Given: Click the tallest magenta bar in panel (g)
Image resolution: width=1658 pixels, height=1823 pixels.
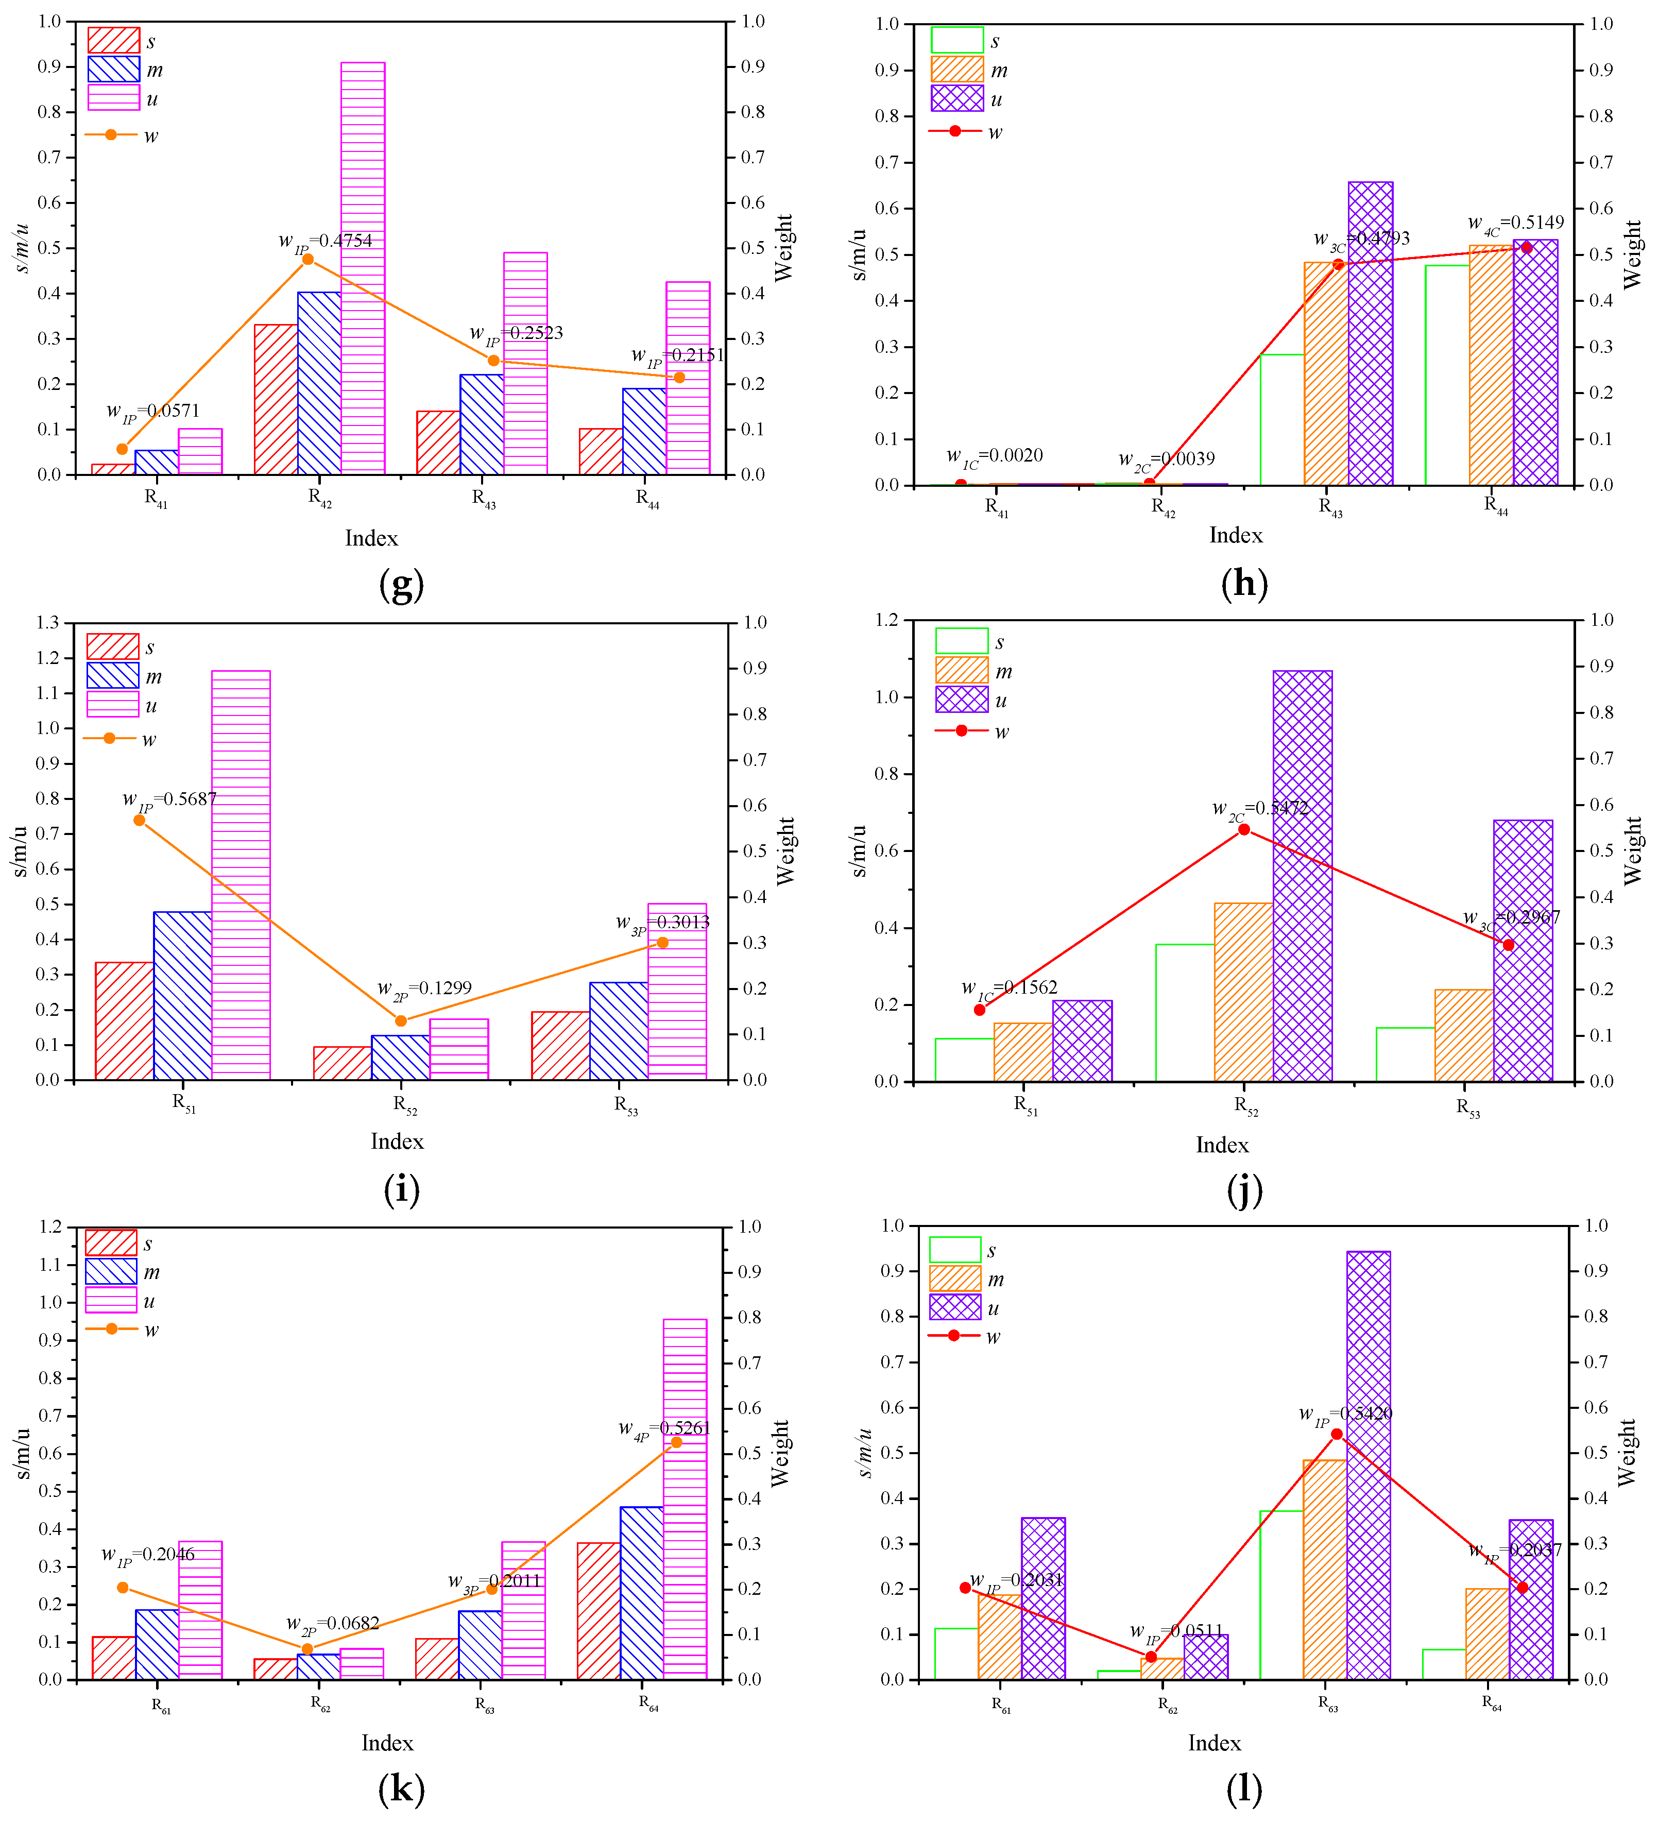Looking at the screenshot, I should (363, 268).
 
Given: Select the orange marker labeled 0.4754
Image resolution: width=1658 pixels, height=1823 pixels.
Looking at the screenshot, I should (307, 260).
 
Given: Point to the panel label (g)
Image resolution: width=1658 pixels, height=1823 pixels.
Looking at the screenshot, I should (401, 585).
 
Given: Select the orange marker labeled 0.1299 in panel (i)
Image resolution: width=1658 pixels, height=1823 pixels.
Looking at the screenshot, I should (401, 1021).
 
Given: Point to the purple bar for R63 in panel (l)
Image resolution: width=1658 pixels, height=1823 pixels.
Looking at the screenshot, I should (1369, 1465).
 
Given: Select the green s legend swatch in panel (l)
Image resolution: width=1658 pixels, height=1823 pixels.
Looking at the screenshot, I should (954, 1250).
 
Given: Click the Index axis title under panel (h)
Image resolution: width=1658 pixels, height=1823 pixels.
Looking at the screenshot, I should (1236, 535).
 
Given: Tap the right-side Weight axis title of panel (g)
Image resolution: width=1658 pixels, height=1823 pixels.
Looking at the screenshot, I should (783, 248).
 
